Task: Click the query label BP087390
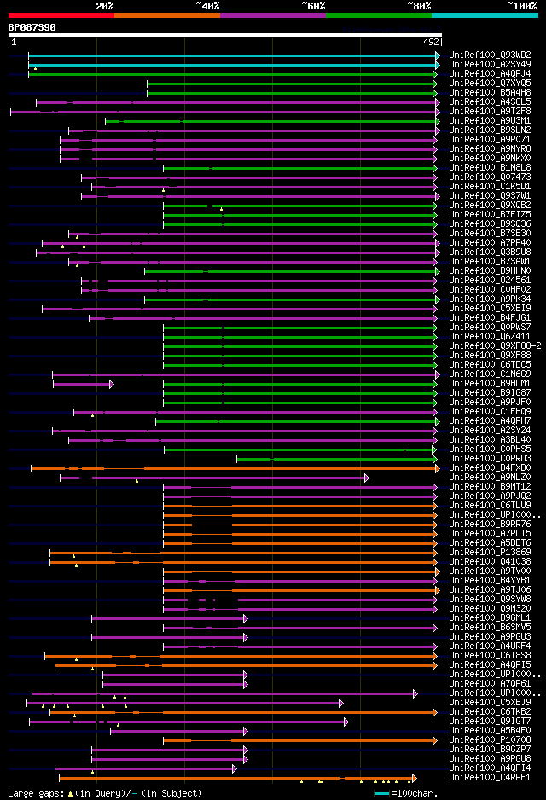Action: pos(32,27)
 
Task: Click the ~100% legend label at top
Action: pos(521,5)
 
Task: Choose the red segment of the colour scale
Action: pos(61,14)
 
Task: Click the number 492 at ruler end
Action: pos(431,41)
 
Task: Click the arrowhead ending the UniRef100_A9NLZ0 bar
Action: pos(366,478)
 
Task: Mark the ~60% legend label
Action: pos(313,5)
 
